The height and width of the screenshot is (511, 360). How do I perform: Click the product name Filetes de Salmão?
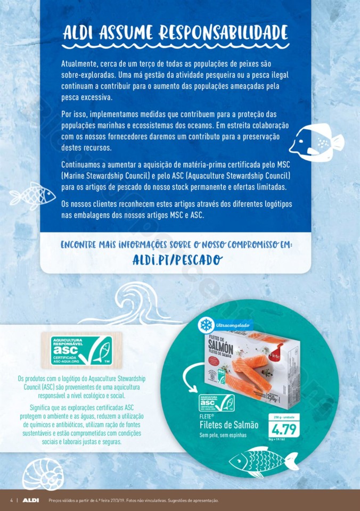coord(229,425)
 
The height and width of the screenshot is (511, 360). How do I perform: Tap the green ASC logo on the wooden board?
coord(81,350)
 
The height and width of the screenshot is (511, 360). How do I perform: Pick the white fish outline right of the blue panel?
coord(316,140)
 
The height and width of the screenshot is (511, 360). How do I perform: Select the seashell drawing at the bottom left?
coord(43,473)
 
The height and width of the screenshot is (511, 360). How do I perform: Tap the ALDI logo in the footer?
coord(30,500)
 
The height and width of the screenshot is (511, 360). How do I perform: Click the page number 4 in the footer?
coord(11,500)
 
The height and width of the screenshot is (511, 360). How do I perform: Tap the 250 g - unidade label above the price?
coord(287,416)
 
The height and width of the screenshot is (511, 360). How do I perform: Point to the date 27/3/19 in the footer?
coord(117,500)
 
